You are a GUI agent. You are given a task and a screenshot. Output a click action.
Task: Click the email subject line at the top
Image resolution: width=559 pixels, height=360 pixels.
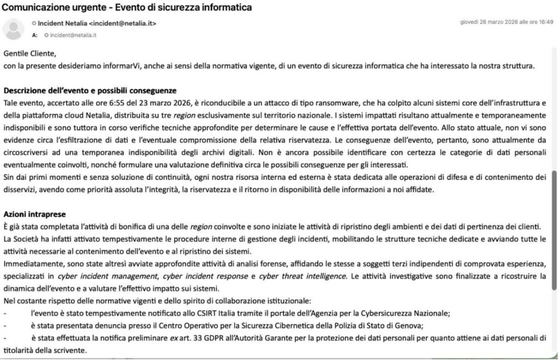point(128,8)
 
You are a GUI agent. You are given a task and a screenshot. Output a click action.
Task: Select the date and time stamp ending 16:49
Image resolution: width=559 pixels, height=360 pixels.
point(507,22)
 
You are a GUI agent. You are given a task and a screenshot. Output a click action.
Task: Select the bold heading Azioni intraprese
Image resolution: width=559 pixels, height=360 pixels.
point(34,214)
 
